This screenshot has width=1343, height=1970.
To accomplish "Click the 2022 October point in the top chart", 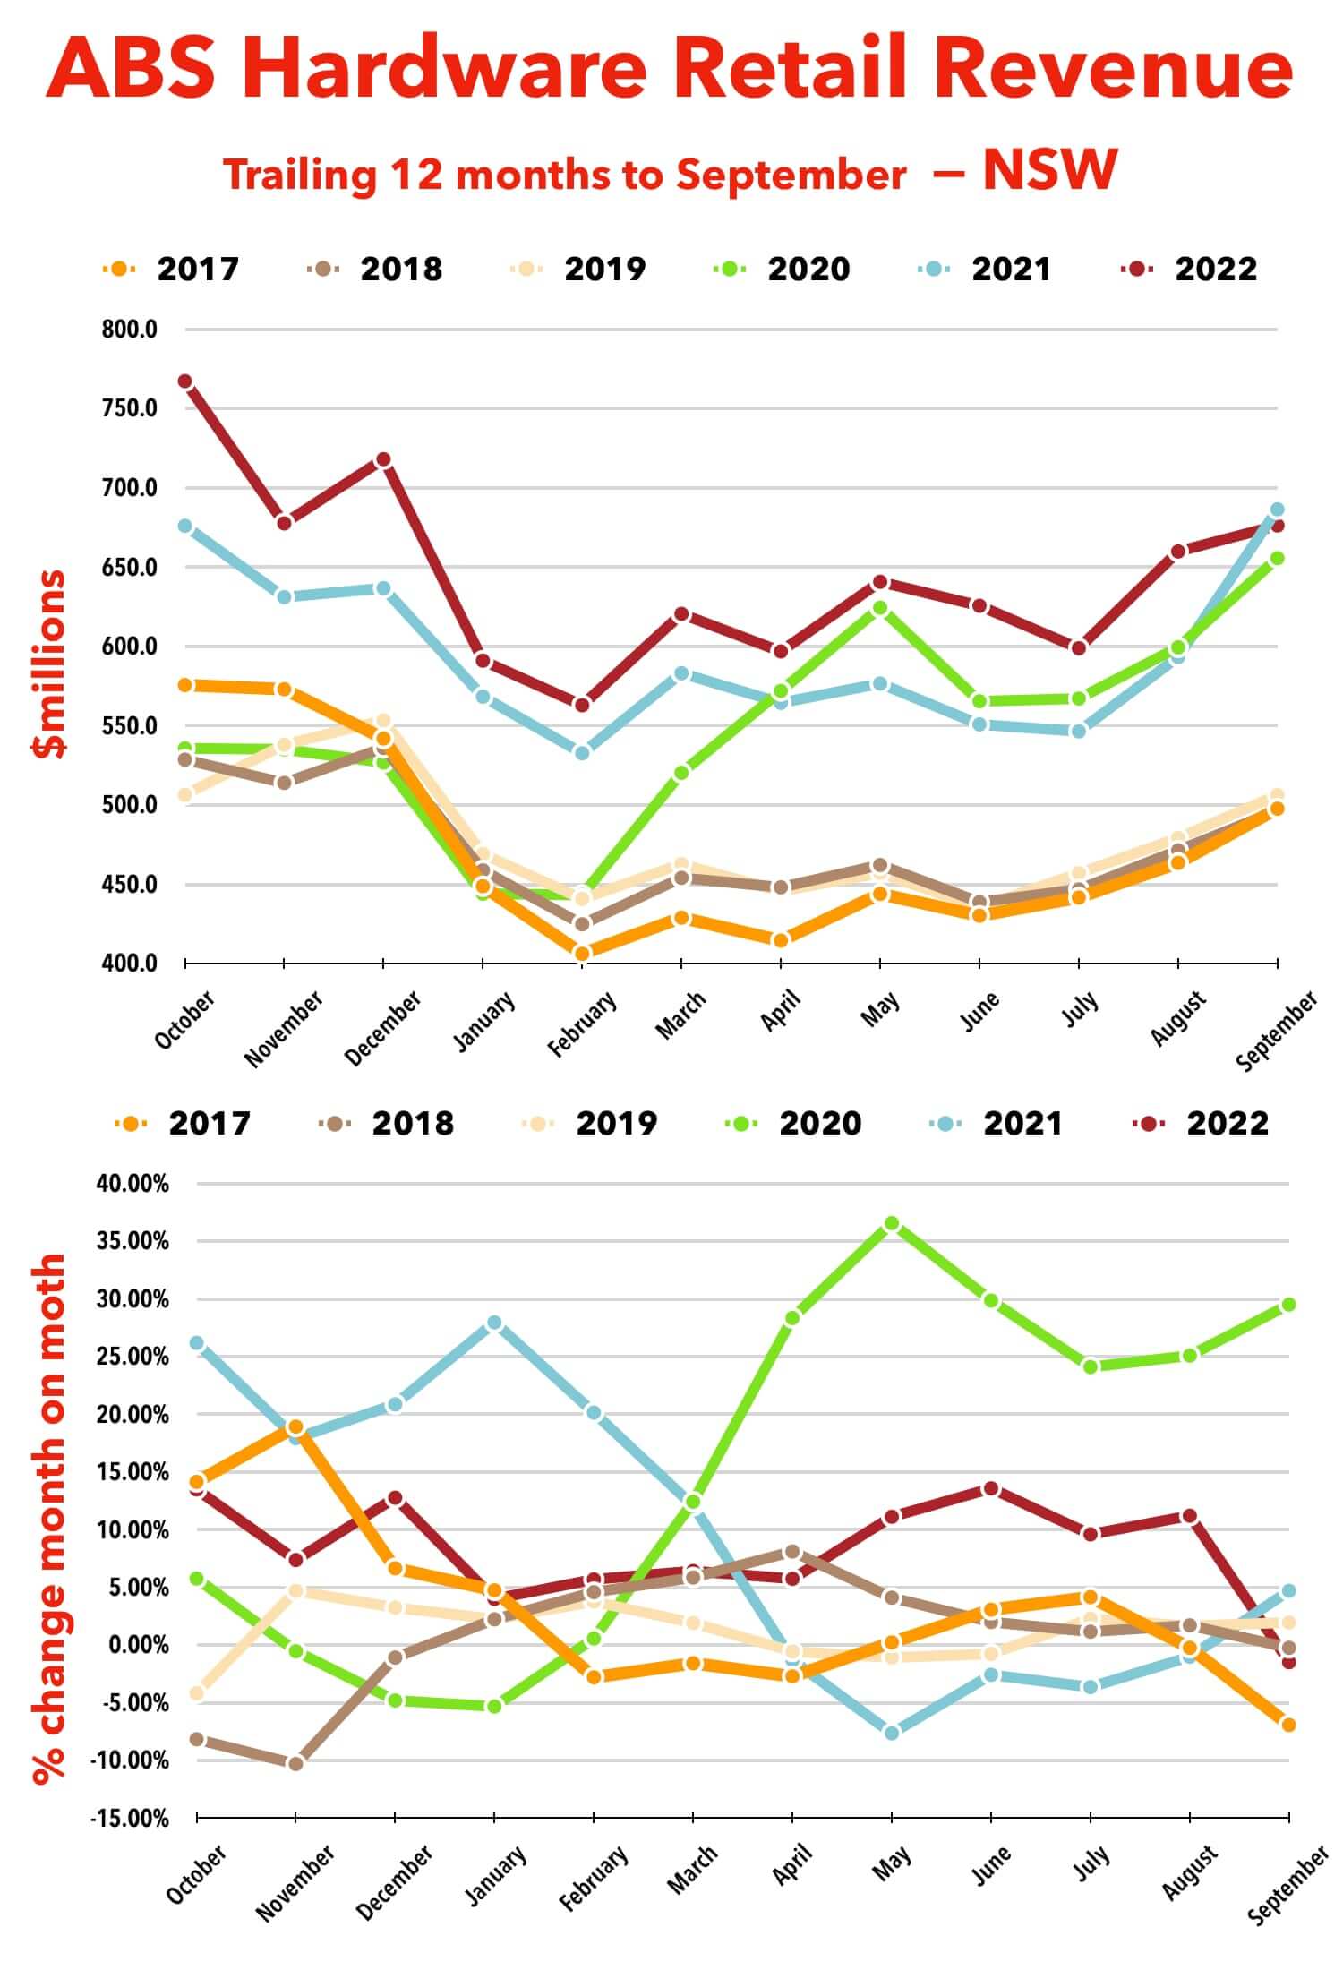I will point(185,381).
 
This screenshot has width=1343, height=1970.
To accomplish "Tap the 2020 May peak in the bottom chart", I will point(892,1223).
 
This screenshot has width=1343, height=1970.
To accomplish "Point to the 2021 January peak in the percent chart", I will point(494,1323).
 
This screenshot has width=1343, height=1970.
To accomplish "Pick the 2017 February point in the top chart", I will point(582,954).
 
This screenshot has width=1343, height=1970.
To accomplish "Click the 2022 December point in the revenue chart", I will point(383,459).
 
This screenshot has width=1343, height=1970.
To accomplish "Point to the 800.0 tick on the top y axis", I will point(129,330).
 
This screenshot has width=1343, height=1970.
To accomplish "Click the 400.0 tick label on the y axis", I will point(129,964).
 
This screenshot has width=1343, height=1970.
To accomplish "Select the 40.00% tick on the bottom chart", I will point(133,1184).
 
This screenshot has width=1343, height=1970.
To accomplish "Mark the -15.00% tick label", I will point(129,1819).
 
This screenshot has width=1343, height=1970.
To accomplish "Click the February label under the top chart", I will point(582,1024).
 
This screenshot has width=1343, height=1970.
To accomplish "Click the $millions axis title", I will point(50,664).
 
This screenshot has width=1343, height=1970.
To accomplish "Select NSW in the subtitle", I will point(1049,169).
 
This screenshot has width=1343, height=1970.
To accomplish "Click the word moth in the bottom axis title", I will point(50,1299).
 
